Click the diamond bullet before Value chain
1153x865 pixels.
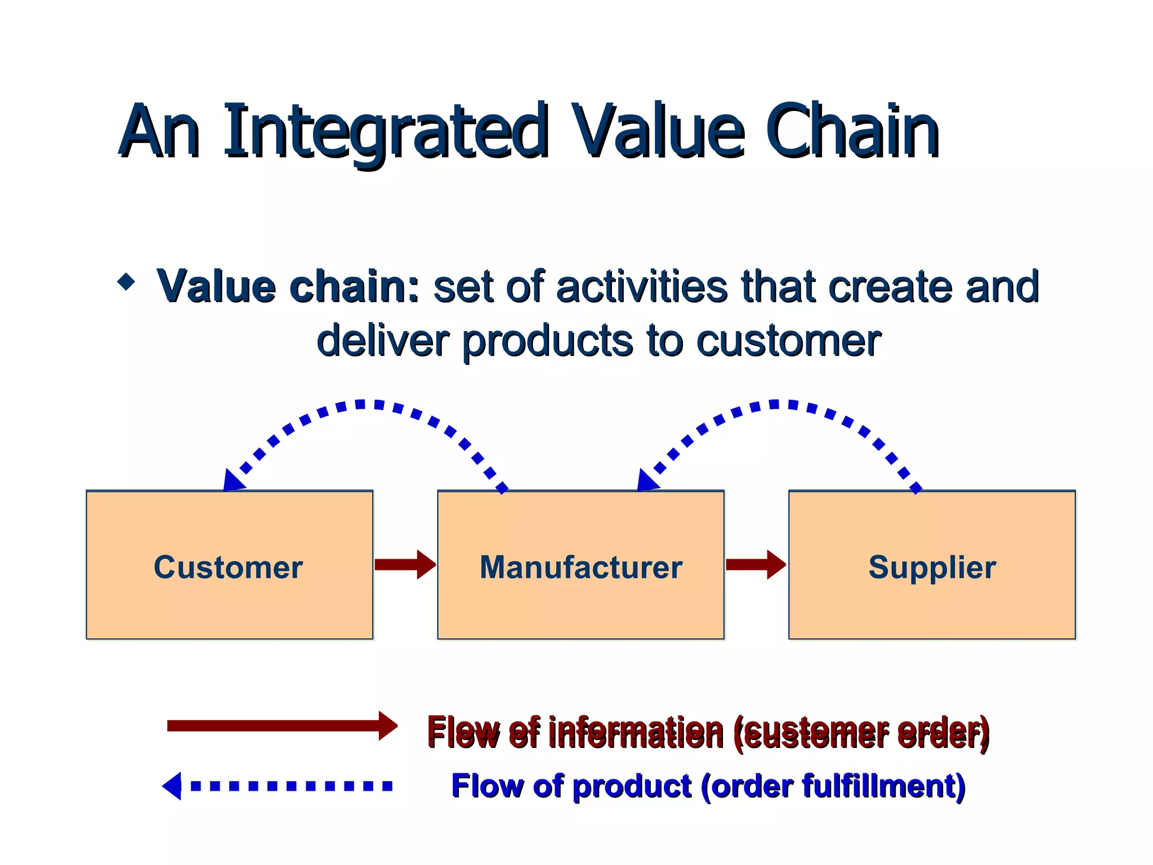coord(126,281)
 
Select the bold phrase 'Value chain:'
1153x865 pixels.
coord(288,287)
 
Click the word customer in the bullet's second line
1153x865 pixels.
coord(788,341)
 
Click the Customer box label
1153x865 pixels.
coord(229,567)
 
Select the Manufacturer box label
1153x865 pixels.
coord(580,567)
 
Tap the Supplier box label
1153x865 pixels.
coord(932,567)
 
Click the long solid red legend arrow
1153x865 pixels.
coord(281,725)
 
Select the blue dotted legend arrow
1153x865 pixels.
coord(279,786)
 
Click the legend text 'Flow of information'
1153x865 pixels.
coord(575,732)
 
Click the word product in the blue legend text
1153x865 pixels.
coord(631,786)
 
